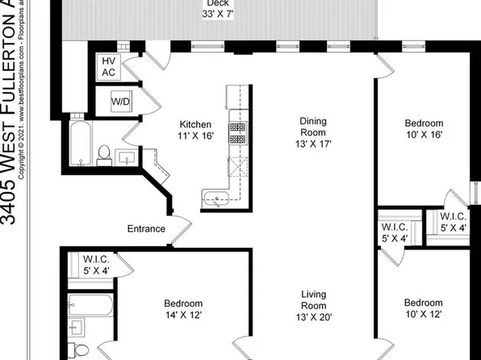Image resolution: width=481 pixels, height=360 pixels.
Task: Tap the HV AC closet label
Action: [108, 66]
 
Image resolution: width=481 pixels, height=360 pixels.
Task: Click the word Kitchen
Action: [195, 125]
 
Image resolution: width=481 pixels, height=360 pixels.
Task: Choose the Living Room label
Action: [314, 300]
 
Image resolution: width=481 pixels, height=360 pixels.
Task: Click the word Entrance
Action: [146, 229]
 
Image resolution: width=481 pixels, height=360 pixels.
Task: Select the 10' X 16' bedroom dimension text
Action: [424, 135]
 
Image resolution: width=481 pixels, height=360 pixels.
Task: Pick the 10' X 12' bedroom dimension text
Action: [424, 316]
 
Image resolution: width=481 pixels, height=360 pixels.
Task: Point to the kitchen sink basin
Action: [215, 197]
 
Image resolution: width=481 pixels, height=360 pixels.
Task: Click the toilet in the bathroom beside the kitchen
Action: [103, 153]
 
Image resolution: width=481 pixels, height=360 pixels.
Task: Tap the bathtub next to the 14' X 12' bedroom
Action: [90, 305]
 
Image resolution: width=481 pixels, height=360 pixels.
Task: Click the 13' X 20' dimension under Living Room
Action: [314, 318]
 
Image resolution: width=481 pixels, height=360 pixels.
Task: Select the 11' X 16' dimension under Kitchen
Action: [195, 137]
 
